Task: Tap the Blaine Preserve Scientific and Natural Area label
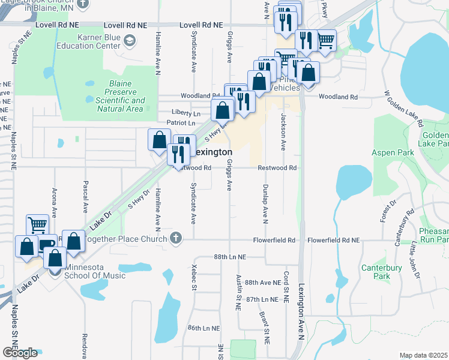119,96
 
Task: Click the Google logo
20,353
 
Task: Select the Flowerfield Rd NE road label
333,240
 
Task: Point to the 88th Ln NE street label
230,256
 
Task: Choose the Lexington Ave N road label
301,312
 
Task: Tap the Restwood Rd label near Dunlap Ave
277,168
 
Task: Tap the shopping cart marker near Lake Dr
37,225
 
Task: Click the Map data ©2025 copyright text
423,355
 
